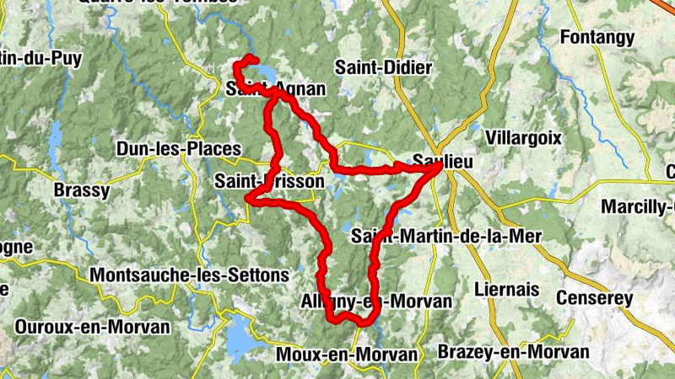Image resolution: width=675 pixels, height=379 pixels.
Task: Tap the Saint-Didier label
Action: click(383, 67)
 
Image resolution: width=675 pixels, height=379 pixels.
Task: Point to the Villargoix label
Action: click(523, 137)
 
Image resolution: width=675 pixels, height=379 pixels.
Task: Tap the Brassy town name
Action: click(81, 190)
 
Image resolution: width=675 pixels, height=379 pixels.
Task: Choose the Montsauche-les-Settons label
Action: click(189, 275)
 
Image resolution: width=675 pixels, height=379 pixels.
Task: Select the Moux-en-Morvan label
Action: click(347, 355)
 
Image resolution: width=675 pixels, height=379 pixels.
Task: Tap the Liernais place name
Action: click(506, 289)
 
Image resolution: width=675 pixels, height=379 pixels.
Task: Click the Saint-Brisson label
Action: click(268, 181)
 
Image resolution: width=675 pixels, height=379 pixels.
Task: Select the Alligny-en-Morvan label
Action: click(376, 302)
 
